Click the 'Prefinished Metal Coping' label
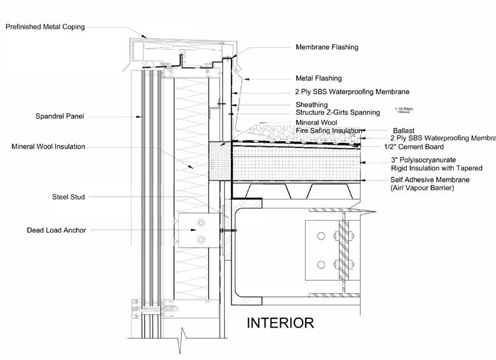click(x=45, y=27)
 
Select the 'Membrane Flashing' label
click(x=327, y=47)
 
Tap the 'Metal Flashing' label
click(x=318, y=79)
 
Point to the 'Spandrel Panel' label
click(x=61, y=116)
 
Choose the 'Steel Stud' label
click(x=69, y=198)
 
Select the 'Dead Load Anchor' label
click(x=57, y=230)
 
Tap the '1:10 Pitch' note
click(x=404, y=109)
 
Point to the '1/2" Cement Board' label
click(x=414, y=147)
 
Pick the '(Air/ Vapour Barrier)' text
click(x=423, y=187)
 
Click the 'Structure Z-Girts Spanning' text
click(x=338, y=112)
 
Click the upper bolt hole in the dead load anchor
click(x=201, y=223)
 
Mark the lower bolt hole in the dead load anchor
click(x=201, y=238)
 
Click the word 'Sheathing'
click(x=311, y=105)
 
